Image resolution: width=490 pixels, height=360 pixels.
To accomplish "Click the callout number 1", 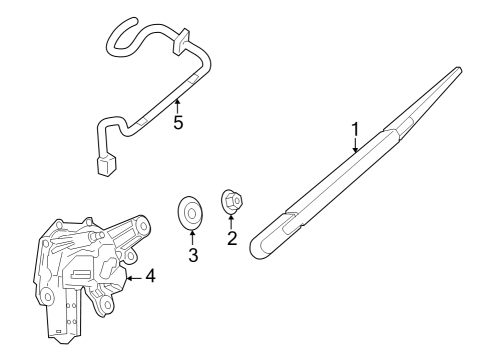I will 354,129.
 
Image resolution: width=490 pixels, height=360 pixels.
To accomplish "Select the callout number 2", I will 232,239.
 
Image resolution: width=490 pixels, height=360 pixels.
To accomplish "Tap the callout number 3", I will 193,255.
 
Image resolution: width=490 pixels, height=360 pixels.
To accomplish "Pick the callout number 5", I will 178,124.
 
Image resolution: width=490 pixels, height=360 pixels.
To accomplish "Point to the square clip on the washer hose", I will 182,44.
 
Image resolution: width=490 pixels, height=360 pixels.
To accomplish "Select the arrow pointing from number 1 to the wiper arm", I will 354,146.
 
